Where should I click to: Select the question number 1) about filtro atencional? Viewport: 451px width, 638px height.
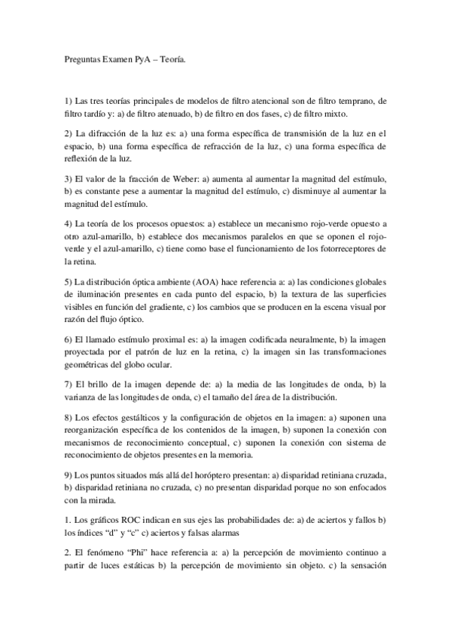69,100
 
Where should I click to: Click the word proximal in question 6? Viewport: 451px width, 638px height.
148,339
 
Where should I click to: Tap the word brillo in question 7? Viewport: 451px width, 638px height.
103,384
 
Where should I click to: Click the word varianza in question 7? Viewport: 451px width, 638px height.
81,397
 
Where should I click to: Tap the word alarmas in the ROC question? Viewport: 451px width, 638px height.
223,533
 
